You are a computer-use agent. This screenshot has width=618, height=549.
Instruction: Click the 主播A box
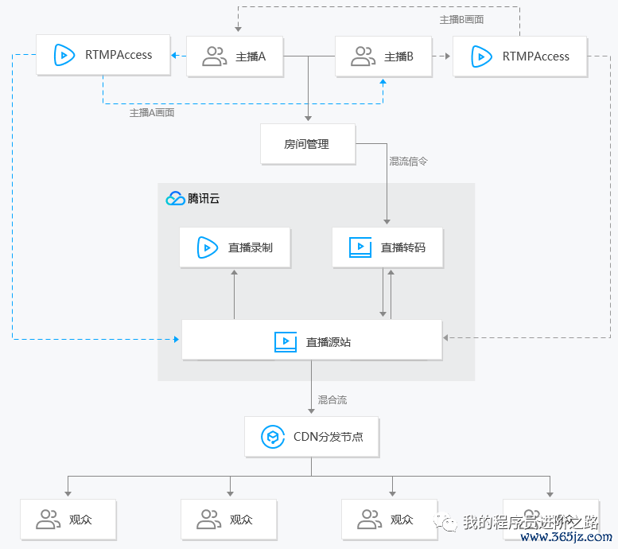(x=235, y=56)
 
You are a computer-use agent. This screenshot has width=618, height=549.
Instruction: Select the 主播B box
(x=383, y=56)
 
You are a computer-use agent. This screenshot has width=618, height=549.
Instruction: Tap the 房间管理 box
(x=307, y=144)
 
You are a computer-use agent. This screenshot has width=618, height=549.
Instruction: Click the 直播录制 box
(x=235, y=247)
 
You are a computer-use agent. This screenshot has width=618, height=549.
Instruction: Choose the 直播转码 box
(x=387, y=247)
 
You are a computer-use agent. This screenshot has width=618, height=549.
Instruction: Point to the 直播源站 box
(x=312, y=341)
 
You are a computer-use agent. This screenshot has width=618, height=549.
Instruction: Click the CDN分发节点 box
(x=311, y=437)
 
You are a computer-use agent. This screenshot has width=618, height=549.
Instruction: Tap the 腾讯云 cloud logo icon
(x=175, y=199)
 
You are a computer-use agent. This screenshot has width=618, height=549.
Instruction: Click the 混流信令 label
(x=408, y=161)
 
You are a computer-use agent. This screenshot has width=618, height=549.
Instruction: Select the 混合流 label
(x=332, y=399)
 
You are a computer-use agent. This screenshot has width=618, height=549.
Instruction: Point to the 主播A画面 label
(x=152, y=113)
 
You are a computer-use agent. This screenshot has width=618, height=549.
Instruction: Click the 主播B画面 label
(x=462, y=19)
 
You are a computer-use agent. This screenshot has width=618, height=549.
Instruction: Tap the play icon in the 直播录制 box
(x=208, y=247)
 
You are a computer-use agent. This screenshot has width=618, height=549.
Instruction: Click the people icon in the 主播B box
(x=363, y=56)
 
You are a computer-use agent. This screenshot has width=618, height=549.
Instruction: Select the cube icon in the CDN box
(x=273, y=437)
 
